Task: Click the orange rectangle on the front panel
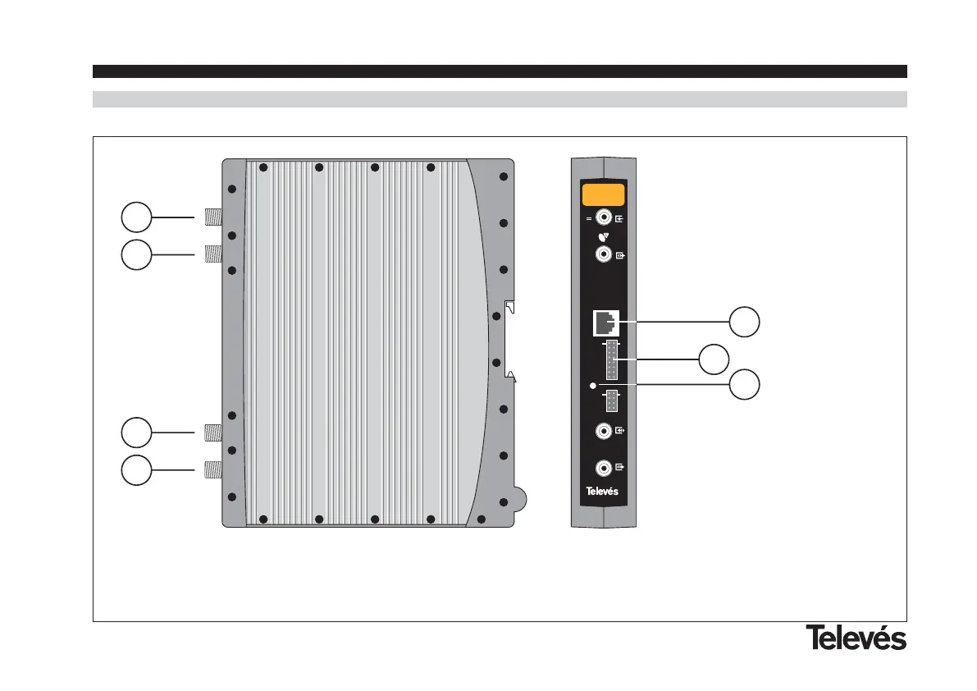tap(603, 195)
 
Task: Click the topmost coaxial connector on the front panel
tap(604, 217)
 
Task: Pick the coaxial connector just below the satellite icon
tap(604, 254)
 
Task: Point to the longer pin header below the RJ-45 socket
tap(612, 359)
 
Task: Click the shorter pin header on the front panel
tap(612, 401)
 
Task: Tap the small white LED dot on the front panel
tap(593, 384)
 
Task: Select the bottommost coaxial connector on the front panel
tap(604, 468)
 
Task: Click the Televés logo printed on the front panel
tap(601, 492)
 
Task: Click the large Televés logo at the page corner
tap(855, 638)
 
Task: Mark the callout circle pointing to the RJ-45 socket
tap(745, 323)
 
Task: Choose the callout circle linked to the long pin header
tap(714, 359)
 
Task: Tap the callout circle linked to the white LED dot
tap(745, 384)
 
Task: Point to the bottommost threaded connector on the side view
tap(213, 469)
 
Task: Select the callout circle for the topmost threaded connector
tap(135, 218)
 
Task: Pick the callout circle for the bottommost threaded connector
tap(135, 469)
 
